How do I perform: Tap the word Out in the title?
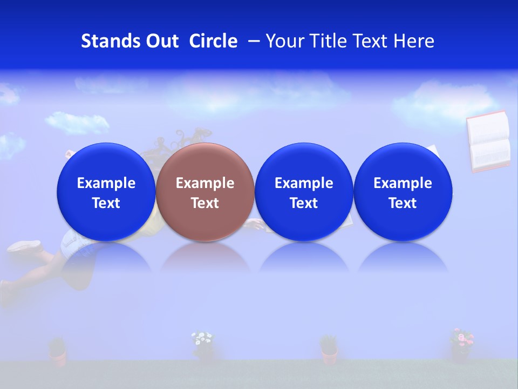coord(160,41)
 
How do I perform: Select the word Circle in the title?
coord(213,41)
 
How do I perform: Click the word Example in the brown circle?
coord(205,183)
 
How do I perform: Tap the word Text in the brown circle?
coord(205,203)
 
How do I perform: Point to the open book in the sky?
coord(489,141)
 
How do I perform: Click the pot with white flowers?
coord(203,346)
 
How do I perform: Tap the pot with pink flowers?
coord(461,346)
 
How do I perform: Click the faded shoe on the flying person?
coord(24,246)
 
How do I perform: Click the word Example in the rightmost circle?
coord(403,183)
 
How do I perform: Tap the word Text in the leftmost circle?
coord(106,203)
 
